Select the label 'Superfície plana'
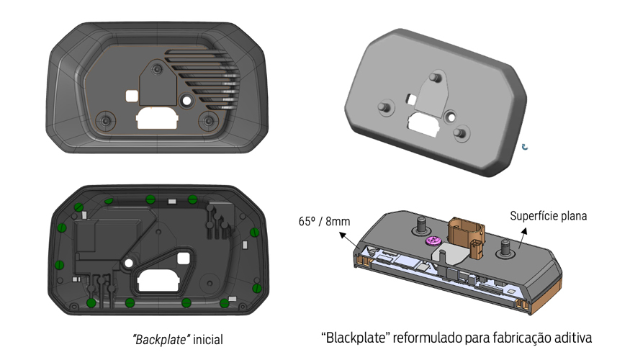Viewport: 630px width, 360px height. pyautogui.click(x=549, y=215)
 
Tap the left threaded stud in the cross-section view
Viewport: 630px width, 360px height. pyautogui.click(x=419, y=228)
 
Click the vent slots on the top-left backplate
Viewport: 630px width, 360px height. pyautogui.click(x=209, y=76)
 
